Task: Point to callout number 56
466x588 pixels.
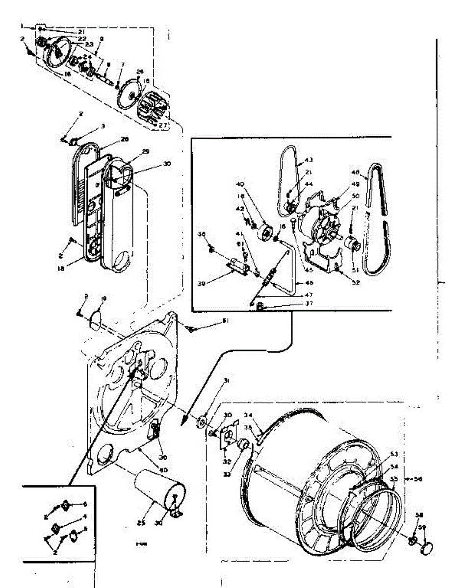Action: tap(418, 479)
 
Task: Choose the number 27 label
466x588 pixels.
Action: tap(164, 125)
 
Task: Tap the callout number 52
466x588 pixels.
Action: tap(356, 283)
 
